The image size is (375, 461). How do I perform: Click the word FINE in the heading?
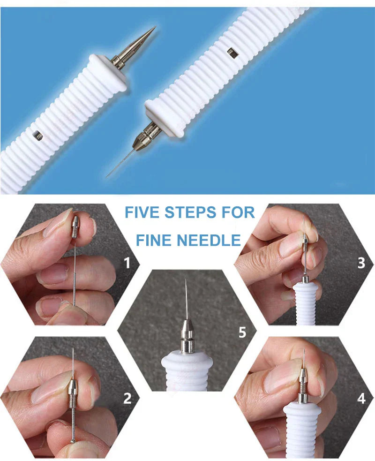155,241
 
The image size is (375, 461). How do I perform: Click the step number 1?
127,263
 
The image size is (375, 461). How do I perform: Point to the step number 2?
127,399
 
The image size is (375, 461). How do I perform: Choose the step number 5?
242,333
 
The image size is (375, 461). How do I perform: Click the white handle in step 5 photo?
187,370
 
